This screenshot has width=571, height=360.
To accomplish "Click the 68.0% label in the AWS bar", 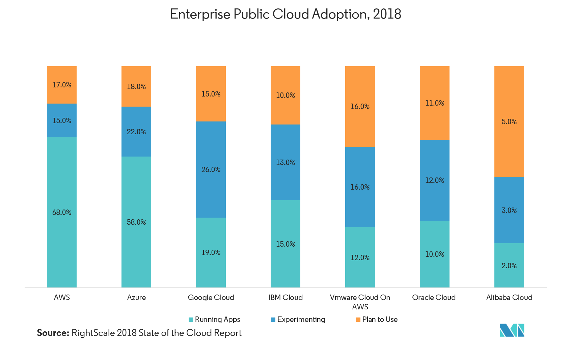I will point(62,213).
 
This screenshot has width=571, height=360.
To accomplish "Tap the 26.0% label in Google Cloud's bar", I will point(211,170).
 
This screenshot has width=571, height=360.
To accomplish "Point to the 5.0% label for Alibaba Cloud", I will point(509,122).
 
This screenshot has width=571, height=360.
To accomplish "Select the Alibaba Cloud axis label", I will point(509,298).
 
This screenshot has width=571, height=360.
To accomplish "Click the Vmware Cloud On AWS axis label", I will point(360,302).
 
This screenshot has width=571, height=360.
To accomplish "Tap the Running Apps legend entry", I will point(215,320).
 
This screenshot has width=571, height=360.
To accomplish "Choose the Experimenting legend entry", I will point(298,320).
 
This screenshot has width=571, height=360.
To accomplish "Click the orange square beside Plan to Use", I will point(358,320).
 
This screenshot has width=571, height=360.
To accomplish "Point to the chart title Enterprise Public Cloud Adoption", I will point(285,14).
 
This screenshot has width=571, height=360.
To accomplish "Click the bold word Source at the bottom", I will point(53,333).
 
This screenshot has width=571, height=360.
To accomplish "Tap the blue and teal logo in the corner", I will point(512,330).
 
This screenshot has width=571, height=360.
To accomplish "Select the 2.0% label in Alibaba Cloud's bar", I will point(509,266).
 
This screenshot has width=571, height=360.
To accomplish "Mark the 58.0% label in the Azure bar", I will point(136,222).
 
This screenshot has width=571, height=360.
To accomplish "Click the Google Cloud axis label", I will point(211,298).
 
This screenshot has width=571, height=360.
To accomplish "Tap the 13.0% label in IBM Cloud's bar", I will point(285,163).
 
